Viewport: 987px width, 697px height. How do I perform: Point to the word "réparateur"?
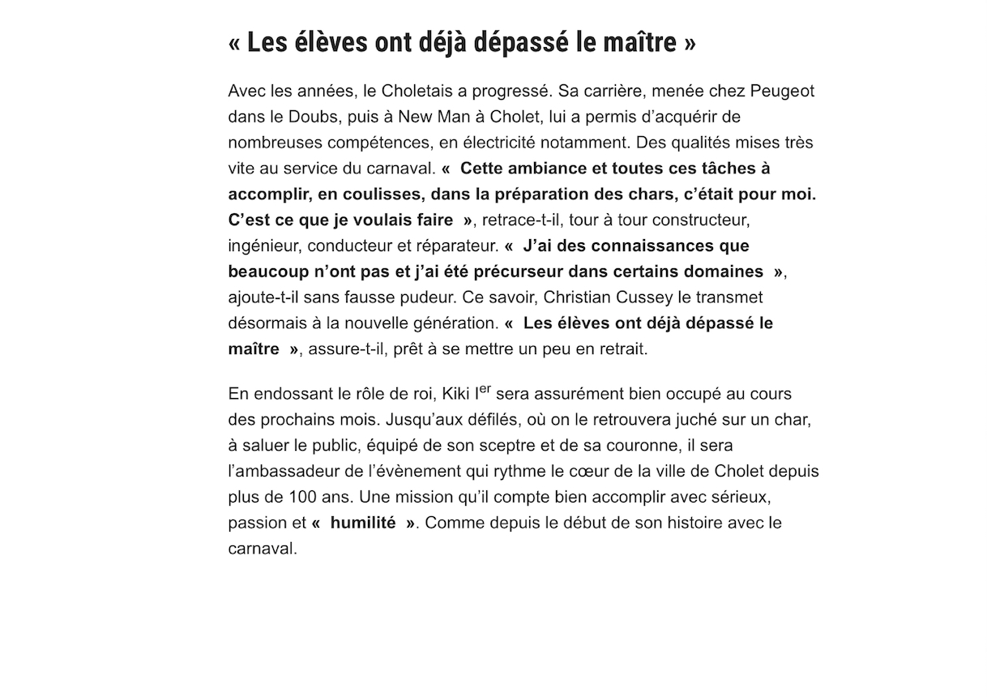[460, 246]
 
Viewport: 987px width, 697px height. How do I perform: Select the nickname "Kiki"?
[457, 395]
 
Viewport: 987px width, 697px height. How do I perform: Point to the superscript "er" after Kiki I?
[485, 388]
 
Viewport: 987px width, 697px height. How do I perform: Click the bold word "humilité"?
[362, 523]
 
